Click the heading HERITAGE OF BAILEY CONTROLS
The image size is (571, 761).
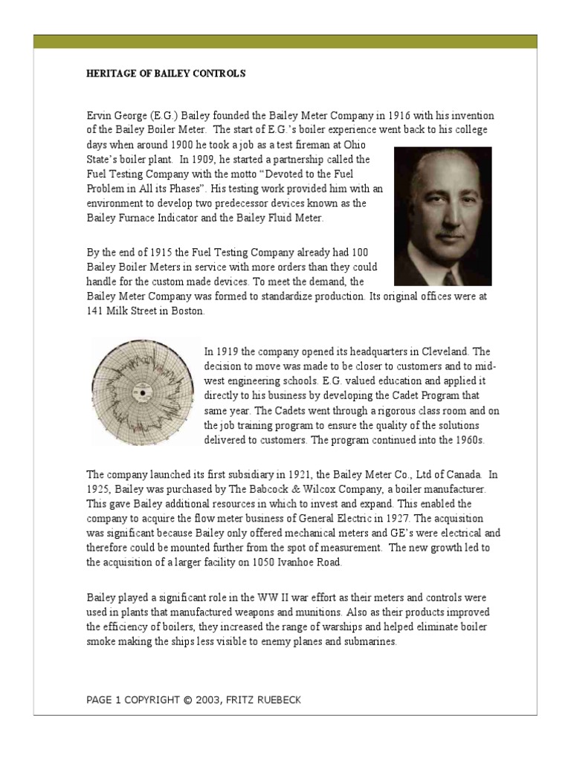pyautogui.click(x=166, y=74)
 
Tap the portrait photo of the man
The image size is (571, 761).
pyautogui.click(x=442, y=216)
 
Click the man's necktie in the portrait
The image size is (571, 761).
pyautogui.click(x=451, y=278)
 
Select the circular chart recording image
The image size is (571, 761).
pyautogui.click(x=141, y=391)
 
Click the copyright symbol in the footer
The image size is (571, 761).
pyautogui.click(x=186, y=700)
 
